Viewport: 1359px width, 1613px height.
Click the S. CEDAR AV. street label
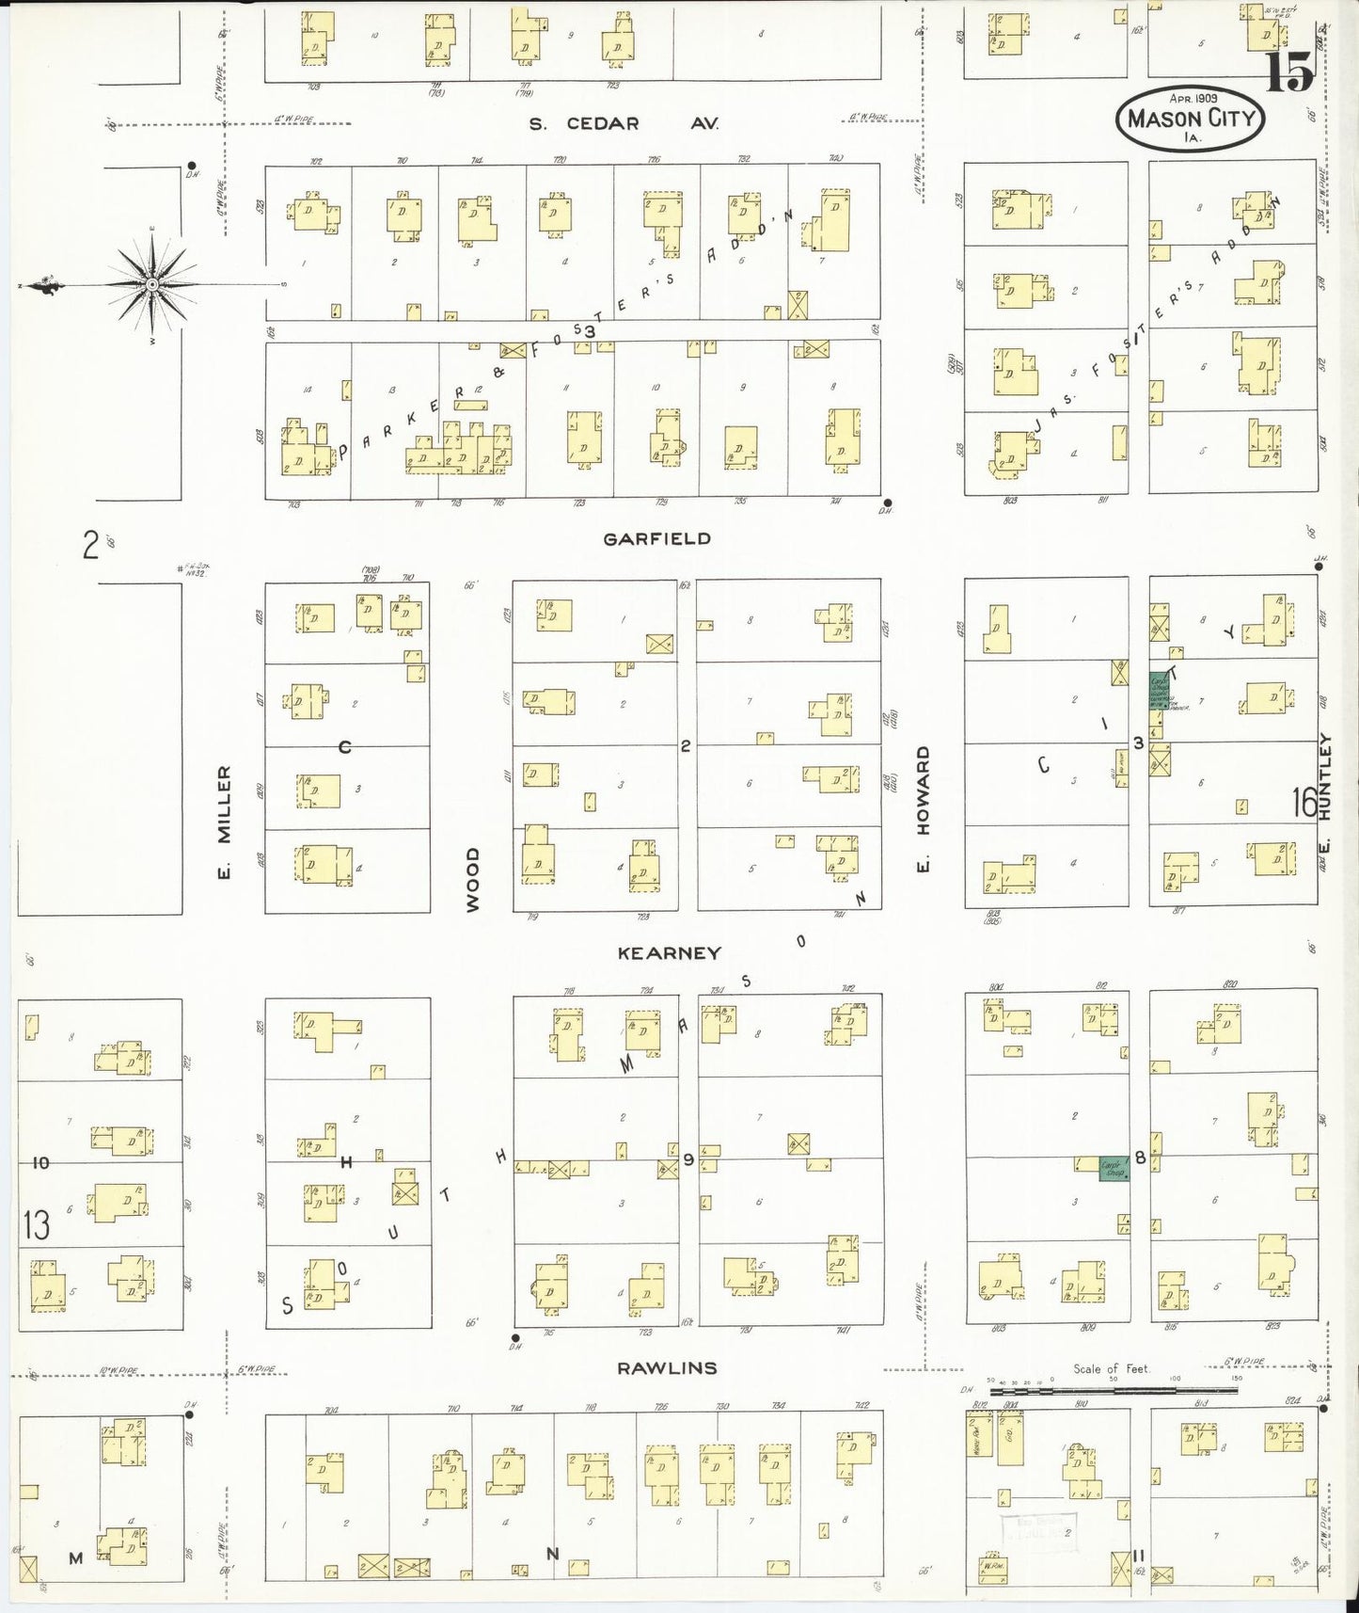point(623,123)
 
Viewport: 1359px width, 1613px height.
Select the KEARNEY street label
point(669,952)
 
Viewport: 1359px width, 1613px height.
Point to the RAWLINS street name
point(667,1367)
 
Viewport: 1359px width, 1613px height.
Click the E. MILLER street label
point(224,822)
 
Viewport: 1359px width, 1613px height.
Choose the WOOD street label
point(472,878)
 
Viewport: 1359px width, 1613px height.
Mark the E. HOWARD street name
point(923,808)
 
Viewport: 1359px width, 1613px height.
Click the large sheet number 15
point(1288,72)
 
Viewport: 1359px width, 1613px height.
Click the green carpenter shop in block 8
point(1114,1168)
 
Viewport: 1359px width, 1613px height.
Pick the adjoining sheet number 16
point(1304,802)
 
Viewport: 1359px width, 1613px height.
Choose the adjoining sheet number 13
point(37,1224)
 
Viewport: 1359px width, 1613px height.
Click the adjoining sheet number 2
point(90,544)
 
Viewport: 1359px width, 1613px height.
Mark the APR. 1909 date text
point(1193,98)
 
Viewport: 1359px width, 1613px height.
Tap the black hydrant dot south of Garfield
point(887,502)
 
